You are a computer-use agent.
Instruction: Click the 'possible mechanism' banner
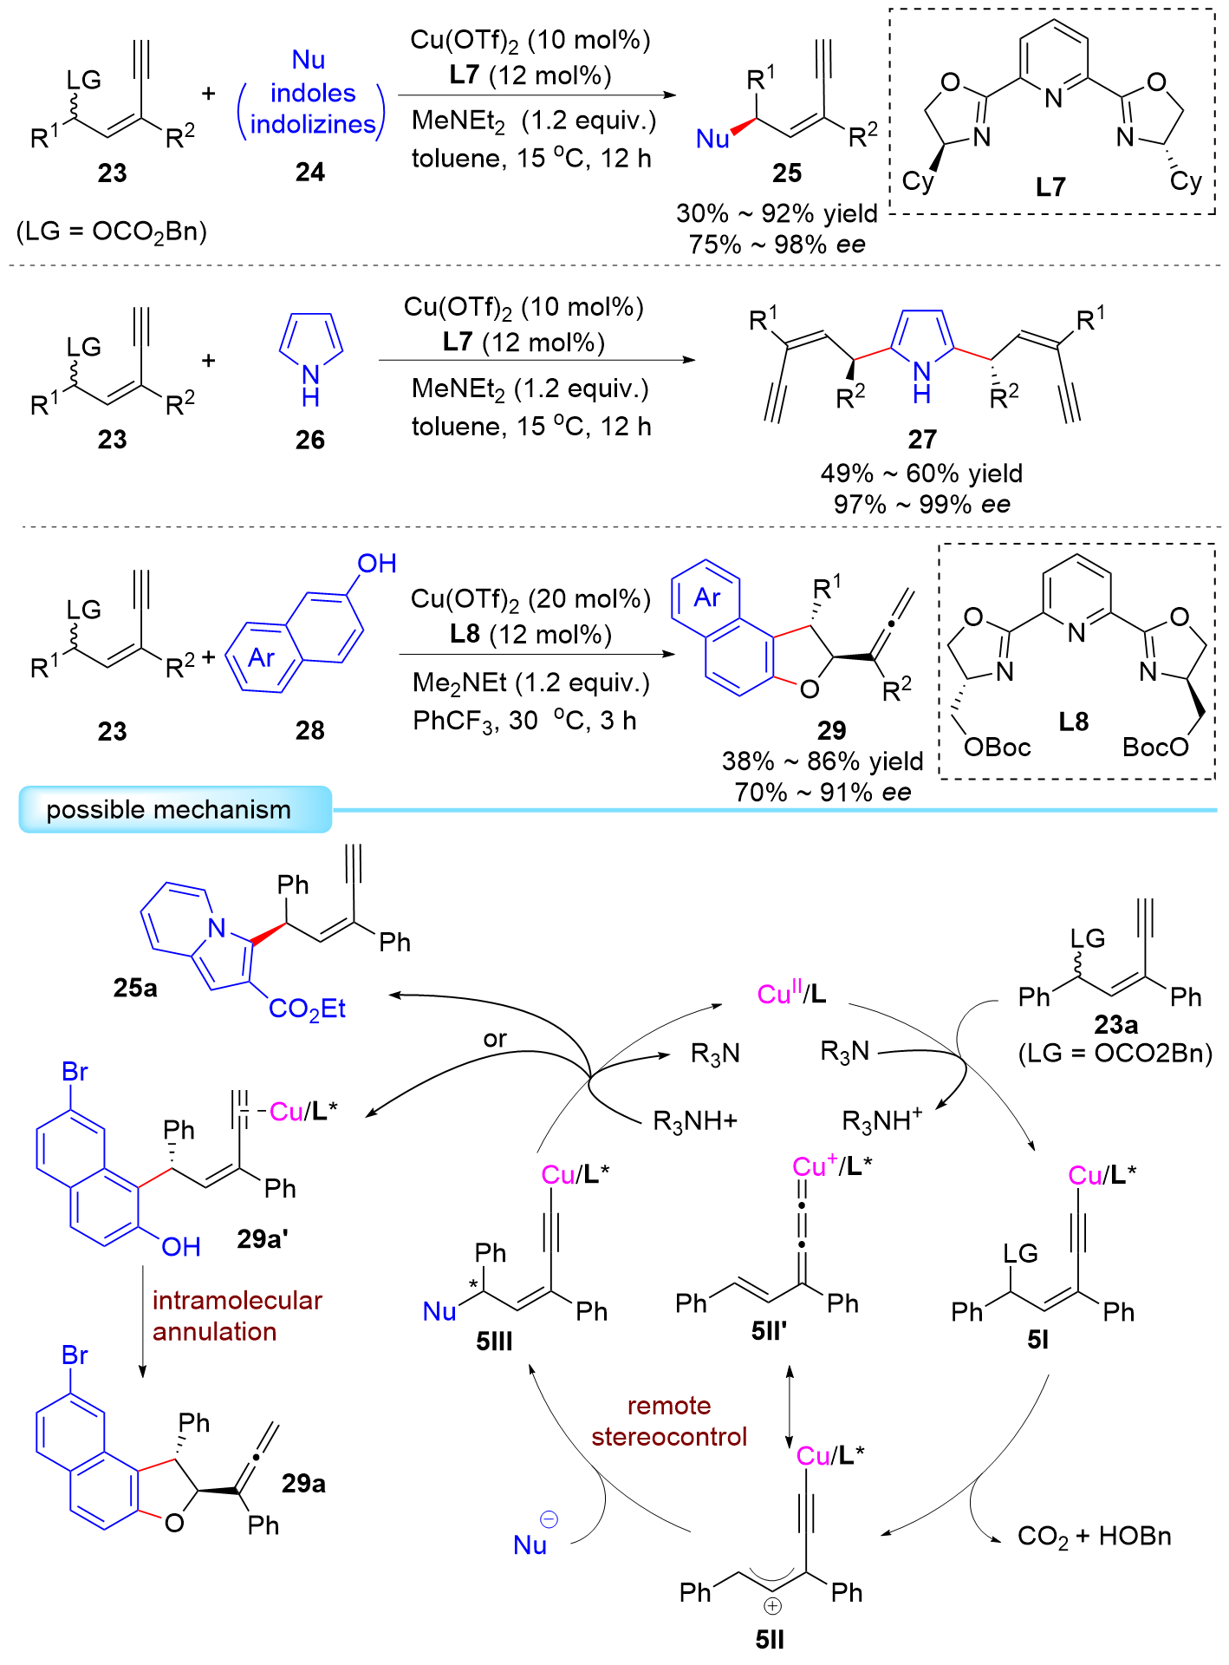[x=169, y=810]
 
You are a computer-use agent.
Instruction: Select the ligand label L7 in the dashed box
[x=1050, y=186]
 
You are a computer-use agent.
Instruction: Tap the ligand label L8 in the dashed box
[x=1073, y=721]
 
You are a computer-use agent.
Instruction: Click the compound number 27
[x=922, y=440]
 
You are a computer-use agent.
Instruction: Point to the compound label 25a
[x=135, y=988]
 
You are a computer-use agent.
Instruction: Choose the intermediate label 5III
[x=494, y=1342]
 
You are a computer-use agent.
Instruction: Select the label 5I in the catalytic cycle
[x=1037, y=1341]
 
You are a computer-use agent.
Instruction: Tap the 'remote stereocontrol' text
[x=669, y=1421]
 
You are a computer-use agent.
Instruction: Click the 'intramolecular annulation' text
[x=237, y=1316]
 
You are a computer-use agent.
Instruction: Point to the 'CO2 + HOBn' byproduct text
[x=1094, y=1537]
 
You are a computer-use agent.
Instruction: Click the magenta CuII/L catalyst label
[x=791, y=994]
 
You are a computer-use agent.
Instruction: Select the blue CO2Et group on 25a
[x=307, y=1009]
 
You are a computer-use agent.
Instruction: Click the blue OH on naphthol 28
[x=377, y=564]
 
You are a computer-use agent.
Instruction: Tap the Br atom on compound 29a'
[x=75, y=1072]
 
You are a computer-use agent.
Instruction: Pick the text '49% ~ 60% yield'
[x=921, y=473]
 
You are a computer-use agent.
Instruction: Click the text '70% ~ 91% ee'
[x=823, y=793]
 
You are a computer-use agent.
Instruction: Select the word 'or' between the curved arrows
[x=495, y=1038]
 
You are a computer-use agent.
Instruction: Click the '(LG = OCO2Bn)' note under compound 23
[x=112, y=232]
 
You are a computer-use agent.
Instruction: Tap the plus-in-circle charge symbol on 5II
[x=772, y=1606]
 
